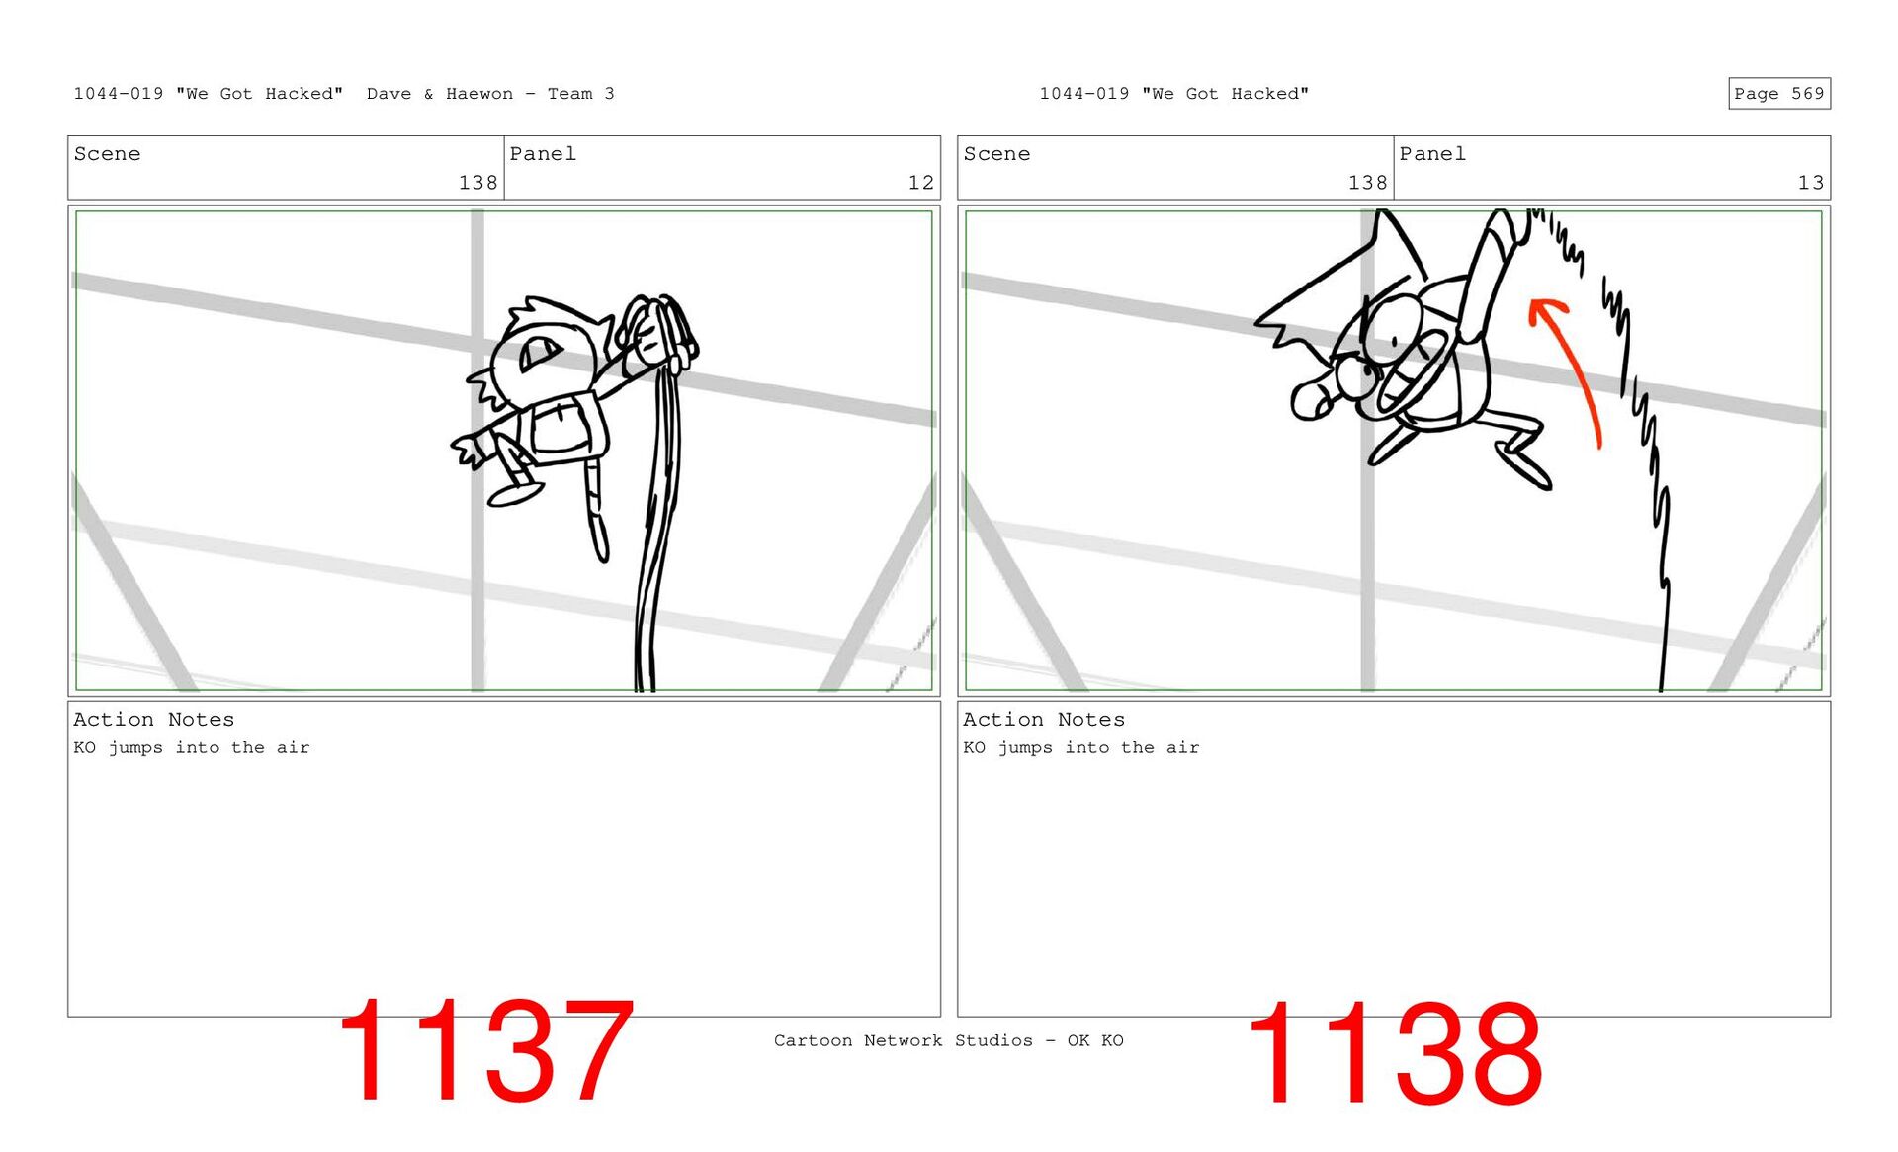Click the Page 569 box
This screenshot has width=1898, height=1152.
pyautogui.click(x=1778, y=94)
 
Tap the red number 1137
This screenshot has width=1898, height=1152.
pyautogui.click(x=485, y=1051)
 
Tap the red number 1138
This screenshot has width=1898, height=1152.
pyautogui.click(x=1395, y=1053)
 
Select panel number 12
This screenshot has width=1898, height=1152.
pyautogui.click(x=920, y=183)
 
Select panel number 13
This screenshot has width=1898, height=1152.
pyautogui.click(x=1810, y=183)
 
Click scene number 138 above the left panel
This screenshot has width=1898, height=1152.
pyautogui.click(x=477, y=183)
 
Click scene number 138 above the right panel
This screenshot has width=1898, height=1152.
pyautogui.click(x=1367, y=183)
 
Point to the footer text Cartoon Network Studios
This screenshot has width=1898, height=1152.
pyautogui.click(x=903, y=1040)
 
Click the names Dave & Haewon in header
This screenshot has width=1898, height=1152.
pyautogui.click(x=440, y=94)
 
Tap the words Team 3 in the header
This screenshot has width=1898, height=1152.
pyautogui.click(x=581, y=94)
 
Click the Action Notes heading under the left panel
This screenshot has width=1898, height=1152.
pyautogui.click(x=153, y=720)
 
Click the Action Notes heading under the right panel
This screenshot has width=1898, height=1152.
pyautogui.click(x=1043, y=720)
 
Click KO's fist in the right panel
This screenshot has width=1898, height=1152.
pyautogui.click(x=1312, y=399)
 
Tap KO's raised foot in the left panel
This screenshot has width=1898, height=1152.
pyautogui.click(x=514, y=492)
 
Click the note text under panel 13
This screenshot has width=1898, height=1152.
pyautogui.click(x=1080, y=748)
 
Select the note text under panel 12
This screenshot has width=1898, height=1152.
pyautogui.click(x=191, y=748)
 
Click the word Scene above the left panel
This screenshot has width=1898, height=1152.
pyautogui.click(x=107, y=154)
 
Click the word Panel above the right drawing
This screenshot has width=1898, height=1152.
pyautogui.click(x=1432, y=154)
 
